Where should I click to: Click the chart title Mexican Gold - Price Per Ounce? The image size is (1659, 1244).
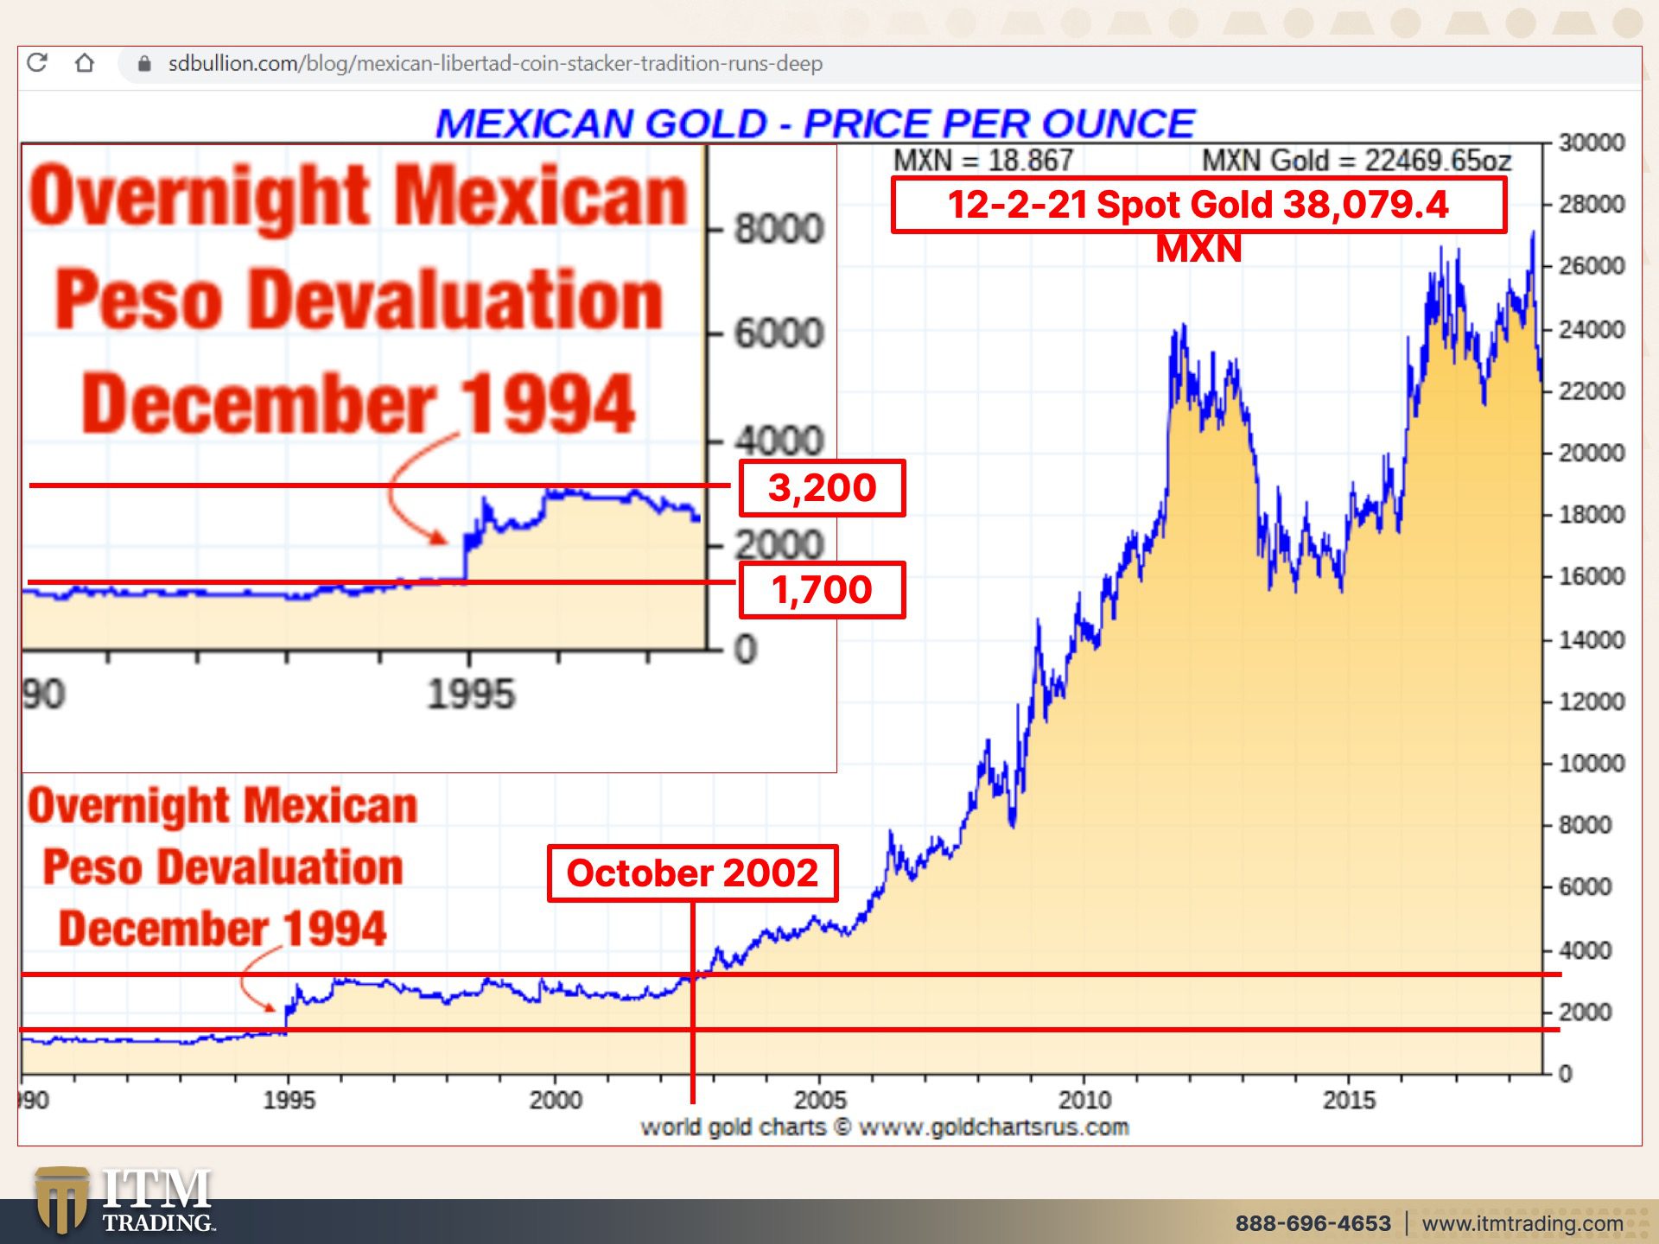[815, 124]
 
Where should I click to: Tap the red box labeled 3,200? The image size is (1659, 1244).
[822, 488]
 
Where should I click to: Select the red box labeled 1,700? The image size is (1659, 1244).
[822, 590]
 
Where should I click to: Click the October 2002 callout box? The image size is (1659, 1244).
[692, 873]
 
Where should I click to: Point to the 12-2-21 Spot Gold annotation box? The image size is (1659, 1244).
[1198, 206]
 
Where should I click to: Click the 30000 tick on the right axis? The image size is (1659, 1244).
[1592, 143]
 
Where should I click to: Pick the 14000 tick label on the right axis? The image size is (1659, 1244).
[1592, 640]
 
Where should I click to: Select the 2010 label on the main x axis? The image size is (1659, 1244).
[1084, 1100]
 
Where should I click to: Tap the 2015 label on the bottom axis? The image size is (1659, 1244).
[1349, 1100]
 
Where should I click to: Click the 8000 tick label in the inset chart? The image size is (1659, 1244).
[779, 230]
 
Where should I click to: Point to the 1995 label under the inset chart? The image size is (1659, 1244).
[471, 695]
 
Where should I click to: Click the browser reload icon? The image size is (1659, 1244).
[37, 63]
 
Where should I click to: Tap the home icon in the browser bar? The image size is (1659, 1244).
[85, 63]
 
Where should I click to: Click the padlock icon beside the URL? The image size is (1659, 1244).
[144, 64]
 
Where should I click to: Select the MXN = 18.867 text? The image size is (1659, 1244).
[982, 161]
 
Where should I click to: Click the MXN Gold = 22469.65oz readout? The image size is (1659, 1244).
[1357, 161]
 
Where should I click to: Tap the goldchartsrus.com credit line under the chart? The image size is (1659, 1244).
[884, 1127]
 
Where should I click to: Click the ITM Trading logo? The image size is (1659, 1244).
[125, 1201]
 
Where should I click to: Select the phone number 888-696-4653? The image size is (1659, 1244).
[1313, 1223]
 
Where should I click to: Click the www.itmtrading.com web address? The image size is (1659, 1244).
[1522, 1223]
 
